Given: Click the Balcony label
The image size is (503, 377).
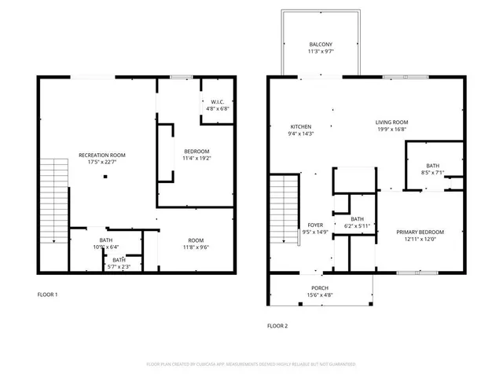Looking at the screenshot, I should tap(320, 45).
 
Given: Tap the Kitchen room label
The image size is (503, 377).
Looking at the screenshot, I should tap(302, 126).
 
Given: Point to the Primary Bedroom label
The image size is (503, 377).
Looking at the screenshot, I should tap(420, 232).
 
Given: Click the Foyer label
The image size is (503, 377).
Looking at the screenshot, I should tap(314, 225).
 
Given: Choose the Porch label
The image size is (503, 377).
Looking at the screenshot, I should tap(320, 288).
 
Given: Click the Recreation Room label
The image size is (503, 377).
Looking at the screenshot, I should tap(101, 156).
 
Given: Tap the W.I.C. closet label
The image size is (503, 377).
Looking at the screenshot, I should tap(218, 101).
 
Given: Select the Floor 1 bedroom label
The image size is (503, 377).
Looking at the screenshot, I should tap(196, 151).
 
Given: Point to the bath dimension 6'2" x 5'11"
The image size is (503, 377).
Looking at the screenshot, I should tap(358, 226).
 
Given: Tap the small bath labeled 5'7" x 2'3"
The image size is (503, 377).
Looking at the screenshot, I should tap(118, 266).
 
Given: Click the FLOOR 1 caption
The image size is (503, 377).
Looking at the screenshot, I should tap(47, 295).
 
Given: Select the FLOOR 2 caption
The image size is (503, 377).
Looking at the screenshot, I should tap(277, 325).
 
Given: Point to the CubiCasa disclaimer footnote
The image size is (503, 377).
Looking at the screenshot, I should tap(251, 364).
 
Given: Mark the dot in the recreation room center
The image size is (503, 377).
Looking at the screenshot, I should tap(105, 177).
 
